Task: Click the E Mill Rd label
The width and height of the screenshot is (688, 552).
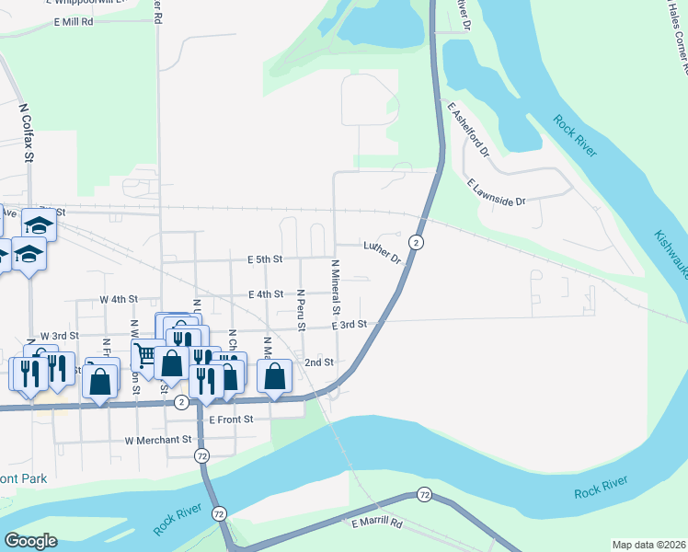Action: click(75, 21)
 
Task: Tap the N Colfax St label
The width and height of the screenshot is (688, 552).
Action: click(28, 132)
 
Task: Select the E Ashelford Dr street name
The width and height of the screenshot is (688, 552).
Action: click(468, 128)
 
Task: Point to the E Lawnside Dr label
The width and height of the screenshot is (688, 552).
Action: click(496, 192)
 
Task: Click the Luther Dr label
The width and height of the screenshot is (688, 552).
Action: click(383, 252)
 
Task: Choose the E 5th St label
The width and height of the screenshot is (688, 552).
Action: click(258, 260)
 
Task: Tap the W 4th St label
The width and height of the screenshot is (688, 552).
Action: click(118, 300)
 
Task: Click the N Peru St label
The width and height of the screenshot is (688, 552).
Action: click(300, 311)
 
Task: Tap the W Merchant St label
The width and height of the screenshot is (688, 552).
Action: click(163, 441)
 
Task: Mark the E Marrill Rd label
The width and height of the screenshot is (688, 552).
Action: click(377, 523)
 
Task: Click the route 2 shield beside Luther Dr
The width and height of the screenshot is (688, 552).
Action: click(417, 242)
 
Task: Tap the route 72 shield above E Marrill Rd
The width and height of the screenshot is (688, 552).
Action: click(424, 495)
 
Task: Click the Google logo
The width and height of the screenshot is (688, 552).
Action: click(30, 540)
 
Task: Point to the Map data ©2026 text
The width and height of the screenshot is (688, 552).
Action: click(648, 545)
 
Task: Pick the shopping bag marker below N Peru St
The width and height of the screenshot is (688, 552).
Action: click(275, 375)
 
